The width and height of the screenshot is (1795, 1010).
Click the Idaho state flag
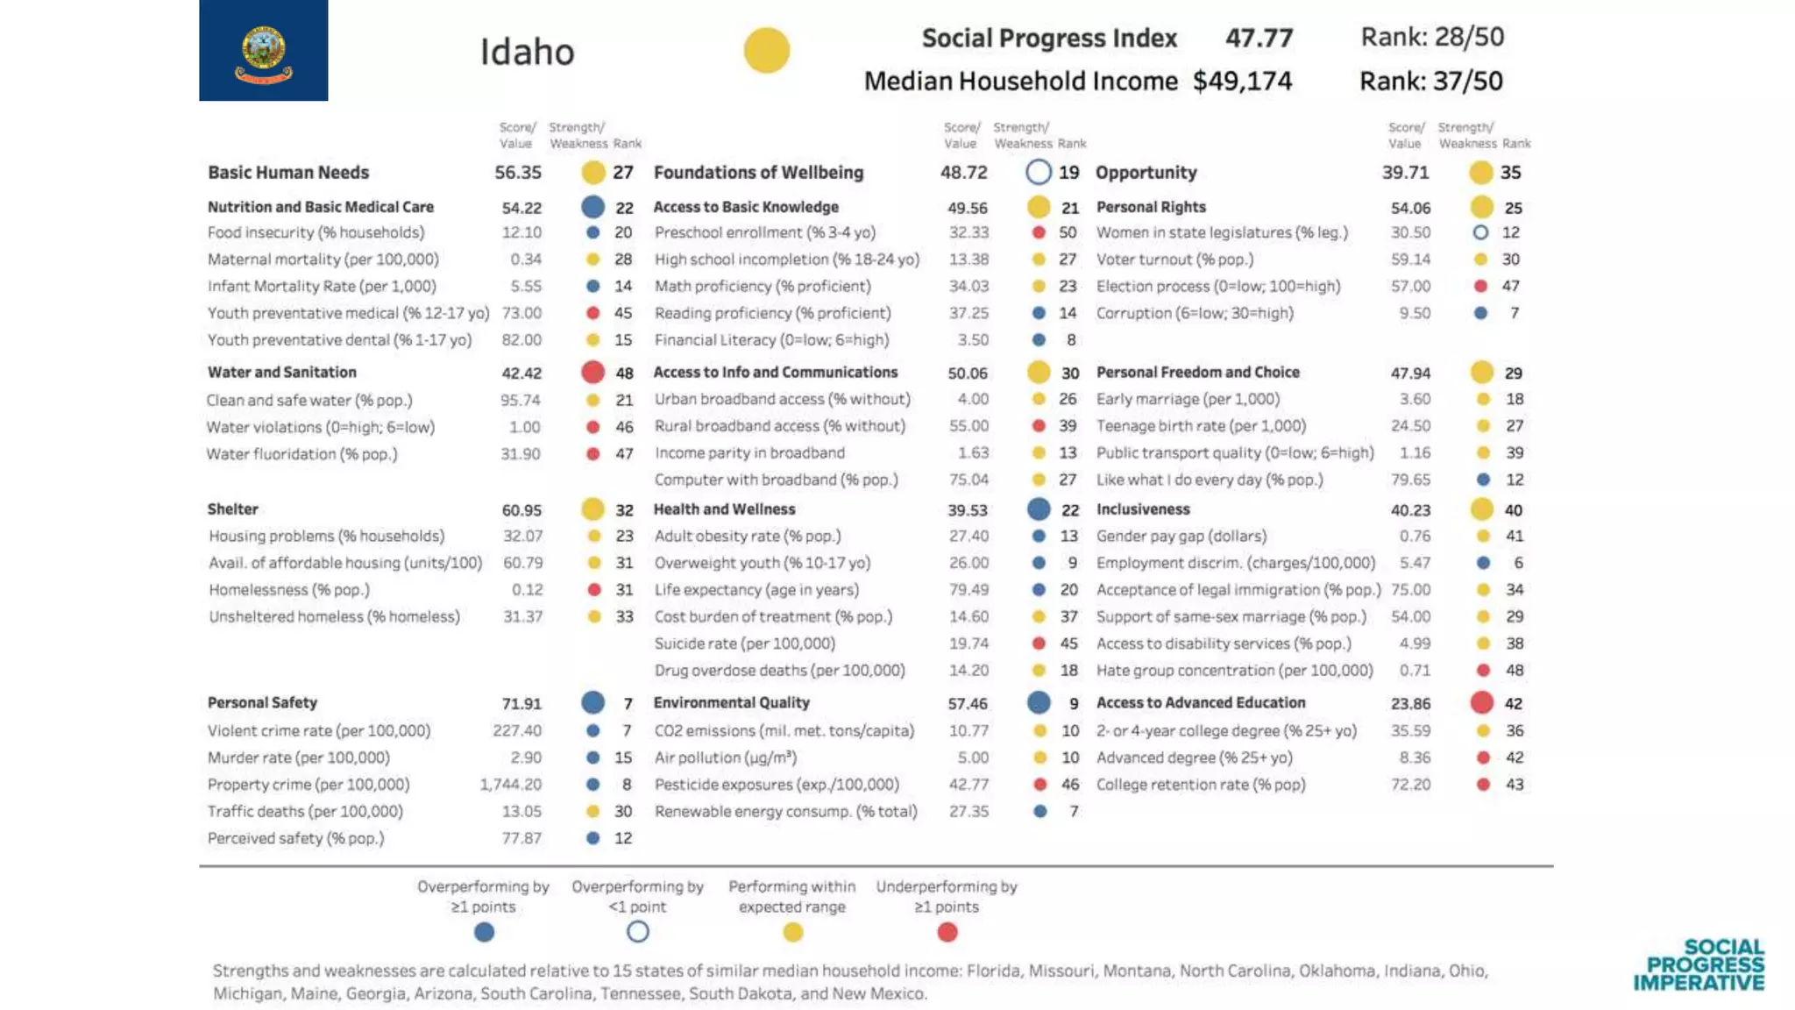(x=263, y=50)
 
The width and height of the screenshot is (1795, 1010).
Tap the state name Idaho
(x=527, y=52)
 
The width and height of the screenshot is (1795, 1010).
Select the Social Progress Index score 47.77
(x=1259, y=38)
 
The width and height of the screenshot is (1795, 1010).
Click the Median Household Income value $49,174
(x=1242, y=81)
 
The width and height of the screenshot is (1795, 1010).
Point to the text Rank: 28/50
(x=1431, y=37)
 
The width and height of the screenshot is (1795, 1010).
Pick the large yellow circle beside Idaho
(x=766, y=50)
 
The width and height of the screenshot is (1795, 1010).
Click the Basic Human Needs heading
(x=288, y=172)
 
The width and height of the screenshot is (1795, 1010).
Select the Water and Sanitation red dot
(x=592, y=372)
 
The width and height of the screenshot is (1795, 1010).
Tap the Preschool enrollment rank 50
(x=1068, y=232)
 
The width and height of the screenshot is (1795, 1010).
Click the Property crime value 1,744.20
(x=510, y=784)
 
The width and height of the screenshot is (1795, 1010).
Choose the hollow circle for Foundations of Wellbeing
(x=1038, y=172)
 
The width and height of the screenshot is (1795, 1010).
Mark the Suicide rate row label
(x=744, y=644)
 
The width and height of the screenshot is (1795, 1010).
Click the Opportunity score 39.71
(x=1405, y=172)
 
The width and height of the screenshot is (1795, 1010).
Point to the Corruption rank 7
(x=1514, y=313)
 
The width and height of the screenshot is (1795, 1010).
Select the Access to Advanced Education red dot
(x=1481, y=702)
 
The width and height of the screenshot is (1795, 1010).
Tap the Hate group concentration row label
(x=1234, y=670)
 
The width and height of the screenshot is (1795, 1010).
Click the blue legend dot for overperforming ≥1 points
(x=484, y=932)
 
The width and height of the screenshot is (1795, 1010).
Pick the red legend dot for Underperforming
(x=947, y=932)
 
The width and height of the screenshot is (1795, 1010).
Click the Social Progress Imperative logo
(x=1699, y=964)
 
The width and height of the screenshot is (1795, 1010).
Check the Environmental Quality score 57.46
(x=968, y=703)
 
